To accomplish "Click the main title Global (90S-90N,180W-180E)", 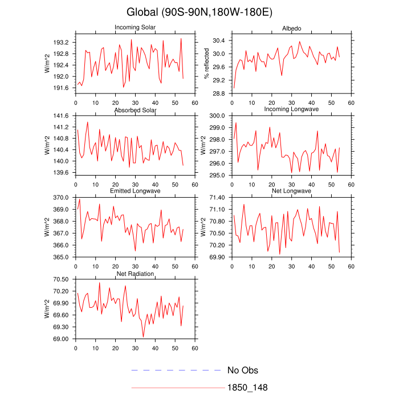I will pos(199,12).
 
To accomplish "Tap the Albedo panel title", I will pos(291,28).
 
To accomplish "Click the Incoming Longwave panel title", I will pos(291,109).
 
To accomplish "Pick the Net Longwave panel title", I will pos(291,191).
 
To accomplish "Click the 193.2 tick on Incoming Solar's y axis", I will pos(61,43).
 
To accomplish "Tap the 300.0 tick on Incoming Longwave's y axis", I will pos(217,116).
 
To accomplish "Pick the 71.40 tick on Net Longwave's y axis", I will pos(217,197).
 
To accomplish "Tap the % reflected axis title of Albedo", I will pos(207,63).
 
